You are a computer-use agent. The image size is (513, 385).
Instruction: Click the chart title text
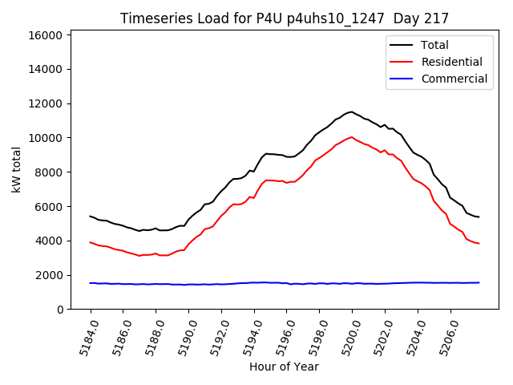coord(285,18)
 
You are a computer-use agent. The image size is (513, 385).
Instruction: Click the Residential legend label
coord(451,62)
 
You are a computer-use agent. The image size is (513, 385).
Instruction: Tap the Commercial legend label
coord(454,79)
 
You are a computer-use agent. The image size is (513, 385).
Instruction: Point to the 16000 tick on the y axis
coord(46,35)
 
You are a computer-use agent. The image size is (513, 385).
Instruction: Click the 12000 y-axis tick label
coord(46,103)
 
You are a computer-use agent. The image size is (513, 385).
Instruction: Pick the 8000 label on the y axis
coord(49,172)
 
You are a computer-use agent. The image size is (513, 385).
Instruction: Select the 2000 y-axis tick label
coord(49,275)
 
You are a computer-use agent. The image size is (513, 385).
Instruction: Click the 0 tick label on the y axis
coord(60,310)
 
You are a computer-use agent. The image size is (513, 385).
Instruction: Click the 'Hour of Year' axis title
coord(284,367)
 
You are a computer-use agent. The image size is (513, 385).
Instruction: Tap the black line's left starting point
coord(90,216)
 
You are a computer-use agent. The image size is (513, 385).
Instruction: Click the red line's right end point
coord(479,243)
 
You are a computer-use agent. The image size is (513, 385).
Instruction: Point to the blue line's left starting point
coord(90,283)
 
